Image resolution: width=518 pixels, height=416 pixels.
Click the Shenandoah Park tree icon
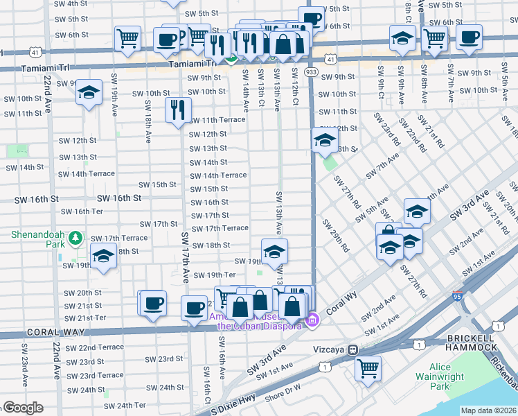click(x=76, y=240)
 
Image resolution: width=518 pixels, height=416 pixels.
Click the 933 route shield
click(x=311, y=72)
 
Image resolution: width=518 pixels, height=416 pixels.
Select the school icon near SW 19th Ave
click(x=89, y=93)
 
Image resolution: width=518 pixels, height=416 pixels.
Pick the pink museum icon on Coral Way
click(x=312, y=320)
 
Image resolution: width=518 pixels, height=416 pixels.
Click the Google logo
click(x=22, y=408)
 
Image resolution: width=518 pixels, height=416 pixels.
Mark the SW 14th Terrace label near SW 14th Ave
click(x=219, y=176)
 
